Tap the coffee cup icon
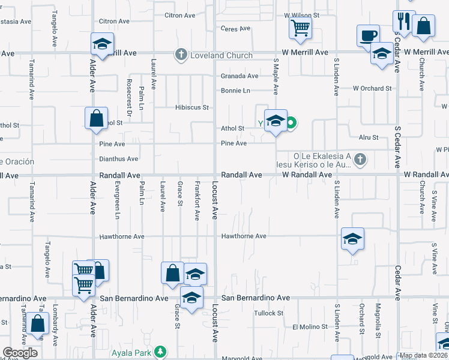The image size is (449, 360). click(368, 35)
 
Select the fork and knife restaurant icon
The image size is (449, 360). click(404, 21)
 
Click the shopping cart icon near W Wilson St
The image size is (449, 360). click(300, 27)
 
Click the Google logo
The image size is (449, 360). click(20, 353)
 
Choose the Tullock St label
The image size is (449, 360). click(268, 313)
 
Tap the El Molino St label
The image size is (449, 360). click(310, 327)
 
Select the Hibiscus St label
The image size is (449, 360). click(191, 108)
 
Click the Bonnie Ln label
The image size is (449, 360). click(235, 91)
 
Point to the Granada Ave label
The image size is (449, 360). click(240, 76)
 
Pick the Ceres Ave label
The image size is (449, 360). click(235, 28)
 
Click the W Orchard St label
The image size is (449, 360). click(372, 88)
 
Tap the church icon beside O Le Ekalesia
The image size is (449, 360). click(360, 159)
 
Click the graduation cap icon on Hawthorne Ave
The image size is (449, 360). click(352, 239)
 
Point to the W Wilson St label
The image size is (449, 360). click(303, 14)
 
